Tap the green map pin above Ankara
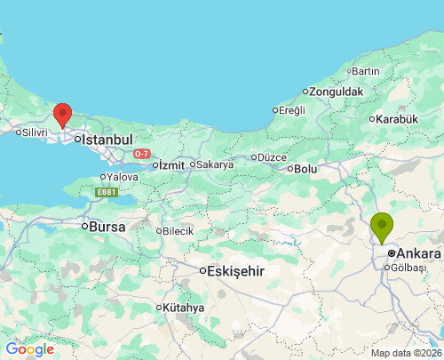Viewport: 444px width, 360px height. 382,227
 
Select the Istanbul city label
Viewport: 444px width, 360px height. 107,140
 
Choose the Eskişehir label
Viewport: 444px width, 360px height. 234,271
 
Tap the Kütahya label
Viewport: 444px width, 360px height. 183,308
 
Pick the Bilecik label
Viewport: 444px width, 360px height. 178,231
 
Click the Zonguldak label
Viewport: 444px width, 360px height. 337,91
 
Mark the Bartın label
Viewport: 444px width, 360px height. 365,71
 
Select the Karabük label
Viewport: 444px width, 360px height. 396,119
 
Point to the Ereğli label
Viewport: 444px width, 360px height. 291,110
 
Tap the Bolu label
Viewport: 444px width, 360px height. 305,168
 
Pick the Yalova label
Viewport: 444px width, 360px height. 123,177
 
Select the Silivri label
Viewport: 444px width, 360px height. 34,132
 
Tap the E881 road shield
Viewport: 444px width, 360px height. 107,191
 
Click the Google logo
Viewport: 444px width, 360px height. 29,349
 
